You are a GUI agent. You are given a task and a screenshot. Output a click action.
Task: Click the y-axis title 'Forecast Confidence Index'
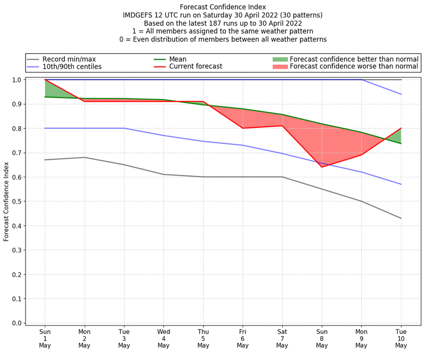(6, 201)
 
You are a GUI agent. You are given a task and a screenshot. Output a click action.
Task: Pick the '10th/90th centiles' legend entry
(72, 67)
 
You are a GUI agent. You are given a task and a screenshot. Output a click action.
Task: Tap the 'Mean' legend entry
(178, 59)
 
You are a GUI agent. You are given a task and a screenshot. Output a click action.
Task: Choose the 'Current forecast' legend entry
(195, 67)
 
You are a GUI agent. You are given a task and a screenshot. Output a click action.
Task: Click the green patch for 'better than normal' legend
(280, 59)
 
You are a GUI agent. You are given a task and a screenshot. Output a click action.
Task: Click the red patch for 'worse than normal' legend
(280, 67)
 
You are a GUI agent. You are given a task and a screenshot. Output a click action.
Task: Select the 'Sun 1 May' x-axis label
(45, 338)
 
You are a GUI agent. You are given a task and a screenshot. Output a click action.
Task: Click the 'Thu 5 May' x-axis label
(203, 338)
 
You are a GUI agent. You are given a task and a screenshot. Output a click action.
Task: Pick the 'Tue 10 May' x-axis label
(400, 338)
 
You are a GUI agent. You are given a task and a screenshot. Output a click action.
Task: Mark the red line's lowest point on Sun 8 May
(322, 167)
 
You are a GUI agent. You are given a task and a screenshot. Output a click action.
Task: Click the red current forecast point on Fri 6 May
(243, 128)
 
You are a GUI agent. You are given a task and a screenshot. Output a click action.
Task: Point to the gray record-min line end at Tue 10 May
(400, 218)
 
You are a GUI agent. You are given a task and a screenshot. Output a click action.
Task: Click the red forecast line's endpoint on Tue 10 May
(400, 128)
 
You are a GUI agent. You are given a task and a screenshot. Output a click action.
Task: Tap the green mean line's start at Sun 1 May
(45, 97)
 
